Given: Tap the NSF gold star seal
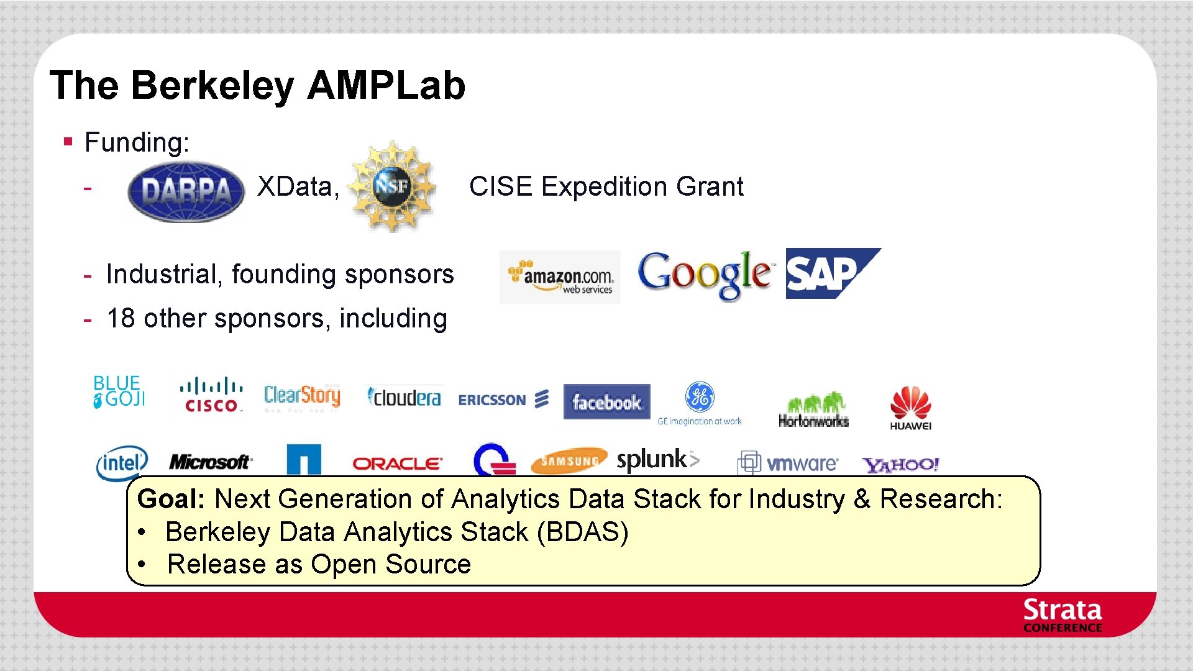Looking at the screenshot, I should tap(392, 185).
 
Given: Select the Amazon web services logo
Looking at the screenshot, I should tap(560, 277).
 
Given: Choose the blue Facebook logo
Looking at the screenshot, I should tap(606, 402).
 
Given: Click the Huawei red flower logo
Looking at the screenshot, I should tap(910, 408).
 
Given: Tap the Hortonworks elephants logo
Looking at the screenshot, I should tap(813, 410).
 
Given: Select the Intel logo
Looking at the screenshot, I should tap(122, 463).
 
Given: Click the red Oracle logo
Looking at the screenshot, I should tap(397, 463).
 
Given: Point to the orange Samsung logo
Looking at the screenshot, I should tap(569, 461).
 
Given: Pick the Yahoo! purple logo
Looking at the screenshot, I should tap(900, 464).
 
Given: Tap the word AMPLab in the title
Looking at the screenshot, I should tap(386, 85).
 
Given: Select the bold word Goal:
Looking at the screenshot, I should tap(171, 499).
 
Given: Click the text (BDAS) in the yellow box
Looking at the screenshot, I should tap(582, 532).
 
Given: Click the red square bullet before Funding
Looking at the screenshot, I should tap(68, 142).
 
